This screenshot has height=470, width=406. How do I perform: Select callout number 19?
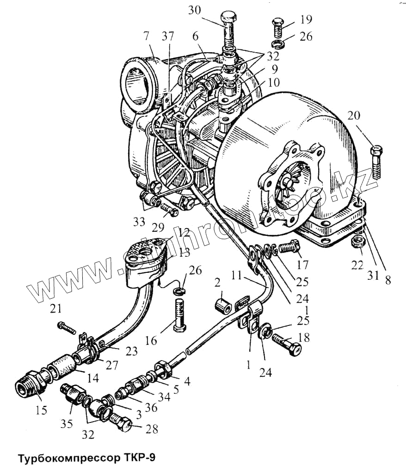pos(305,19)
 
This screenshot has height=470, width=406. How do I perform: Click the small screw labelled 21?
pos(67,328)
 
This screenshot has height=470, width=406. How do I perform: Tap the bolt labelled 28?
pos(123,422)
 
